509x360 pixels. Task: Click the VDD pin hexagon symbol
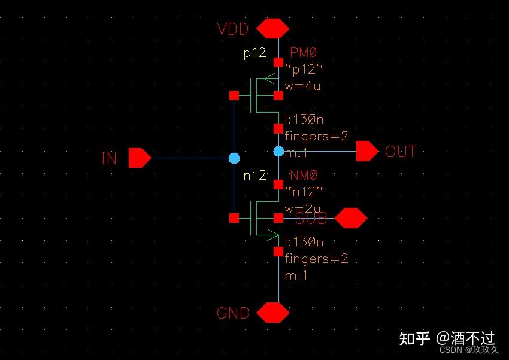point(272,28)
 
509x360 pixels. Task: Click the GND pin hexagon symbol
point(272,313)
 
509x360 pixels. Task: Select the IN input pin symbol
point(140,158)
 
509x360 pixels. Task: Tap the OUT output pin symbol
point(367,152)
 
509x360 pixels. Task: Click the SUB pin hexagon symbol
point(350,219)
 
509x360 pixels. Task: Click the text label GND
point(233,313)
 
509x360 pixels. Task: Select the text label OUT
point(400,152)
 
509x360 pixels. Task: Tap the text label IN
point(109,159)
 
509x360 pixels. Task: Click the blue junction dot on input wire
point(234,158)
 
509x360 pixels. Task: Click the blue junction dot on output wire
point(278,152)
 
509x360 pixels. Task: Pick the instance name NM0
point(303,176)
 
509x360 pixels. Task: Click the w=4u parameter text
point(302,86)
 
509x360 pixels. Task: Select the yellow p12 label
point(254,53)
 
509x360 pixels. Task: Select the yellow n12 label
point(254,176)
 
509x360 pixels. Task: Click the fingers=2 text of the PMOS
point(316,136)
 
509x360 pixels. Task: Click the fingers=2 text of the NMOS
point(316,259)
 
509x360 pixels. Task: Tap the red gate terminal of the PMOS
point(234,95)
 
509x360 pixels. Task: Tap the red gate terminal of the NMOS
point(234,218)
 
